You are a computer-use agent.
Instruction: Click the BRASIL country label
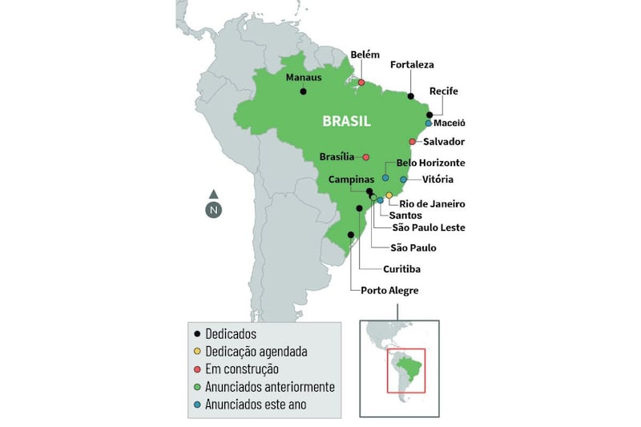[x=346, y=122]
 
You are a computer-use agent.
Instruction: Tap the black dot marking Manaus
[x=304, y=92]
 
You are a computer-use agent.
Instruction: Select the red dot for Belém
[x=361, y=83]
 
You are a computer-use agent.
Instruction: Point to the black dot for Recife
[x=429, y=115]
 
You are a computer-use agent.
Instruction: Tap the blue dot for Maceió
[x=429, y=123]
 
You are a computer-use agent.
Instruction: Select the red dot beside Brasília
[x=366, y=157]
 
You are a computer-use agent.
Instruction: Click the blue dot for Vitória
[x=404, y=179]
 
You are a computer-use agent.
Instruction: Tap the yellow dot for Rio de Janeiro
[x=389, y=195]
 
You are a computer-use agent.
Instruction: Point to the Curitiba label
[x=401, y=269]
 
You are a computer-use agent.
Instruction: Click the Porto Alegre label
[x=389, y=291]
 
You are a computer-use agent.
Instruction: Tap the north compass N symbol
[x=213, y=211]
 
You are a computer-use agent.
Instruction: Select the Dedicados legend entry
[x=231, y=333]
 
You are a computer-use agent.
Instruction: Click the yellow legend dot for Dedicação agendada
[x=197, y=352]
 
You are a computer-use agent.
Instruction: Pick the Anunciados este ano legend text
[x=256, y=405]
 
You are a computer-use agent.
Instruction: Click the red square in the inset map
[x=405, y=370]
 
